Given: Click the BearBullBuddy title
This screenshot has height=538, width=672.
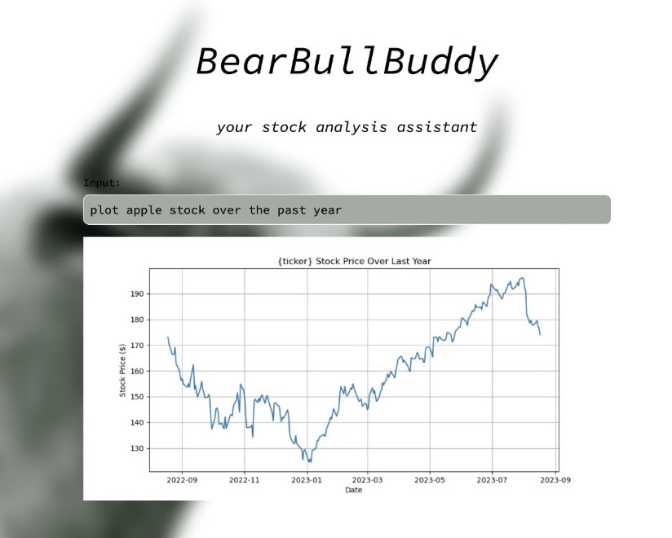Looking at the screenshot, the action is tap(347, 62).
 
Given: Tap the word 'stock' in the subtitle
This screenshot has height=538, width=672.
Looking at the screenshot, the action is tap(284, 127).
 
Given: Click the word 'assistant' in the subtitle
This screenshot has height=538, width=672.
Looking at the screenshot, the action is tap(436, 127).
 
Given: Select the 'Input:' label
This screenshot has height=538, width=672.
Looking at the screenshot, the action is tap(102, 183).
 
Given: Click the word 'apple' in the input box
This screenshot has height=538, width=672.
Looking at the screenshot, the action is tap(144, 210).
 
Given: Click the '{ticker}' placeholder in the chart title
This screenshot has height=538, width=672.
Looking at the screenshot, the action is tap(295, 262).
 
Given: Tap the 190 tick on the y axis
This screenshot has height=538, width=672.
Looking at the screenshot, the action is tap(137, 293).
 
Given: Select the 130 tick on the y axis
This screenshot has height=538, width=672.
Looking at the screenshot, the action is tap(137, 448).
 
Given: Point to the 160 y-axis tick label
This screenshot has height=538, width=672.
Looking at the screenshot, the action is tap(137, 371).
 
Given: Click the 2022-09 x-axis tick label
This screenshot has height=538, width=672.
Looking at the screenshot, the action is tap(182, 480).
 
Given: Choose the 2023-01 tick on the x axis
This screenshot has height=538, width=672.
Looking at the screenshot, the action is tap(307, 480).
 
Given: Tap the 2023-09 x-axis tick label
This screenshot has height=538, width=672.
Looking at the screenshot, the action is tap(555, 480).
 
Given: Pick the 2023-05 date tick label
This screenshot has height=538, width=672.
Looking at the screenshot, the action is tap(430, 480).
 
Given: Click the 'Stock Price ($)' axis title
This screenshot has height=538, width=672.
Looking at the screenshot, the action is tap(122, 371).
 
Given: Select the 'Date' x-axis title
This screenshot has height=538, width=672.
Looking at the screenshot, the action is tap(354, 490).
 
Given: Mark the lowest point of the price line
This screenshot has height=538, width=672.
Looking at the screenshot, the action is tap(309, 462).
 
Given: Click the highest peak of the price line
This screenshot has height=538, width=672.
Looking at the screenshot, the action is tap(522, 278).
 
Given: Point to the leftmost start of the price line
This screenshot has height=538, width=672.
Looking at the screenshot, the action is tap(167, 337).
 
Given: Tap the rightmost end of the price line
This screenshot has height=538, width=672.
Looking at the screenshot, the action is tap(540, 334).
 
